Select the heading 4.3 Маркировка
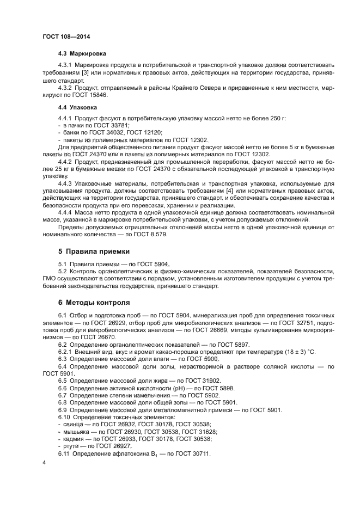[x=82, y=54]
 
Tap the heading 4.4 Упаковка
[x=78, y=107]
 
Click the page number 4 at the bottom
[x=44, y=462]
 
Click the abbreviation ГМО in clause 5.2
[x=50, y=278]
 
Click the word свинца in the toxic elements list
[x=72, y=424]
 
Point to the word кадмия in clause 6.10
[x=73, y=439]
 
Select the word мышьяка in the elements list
[x=76, y=431]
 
